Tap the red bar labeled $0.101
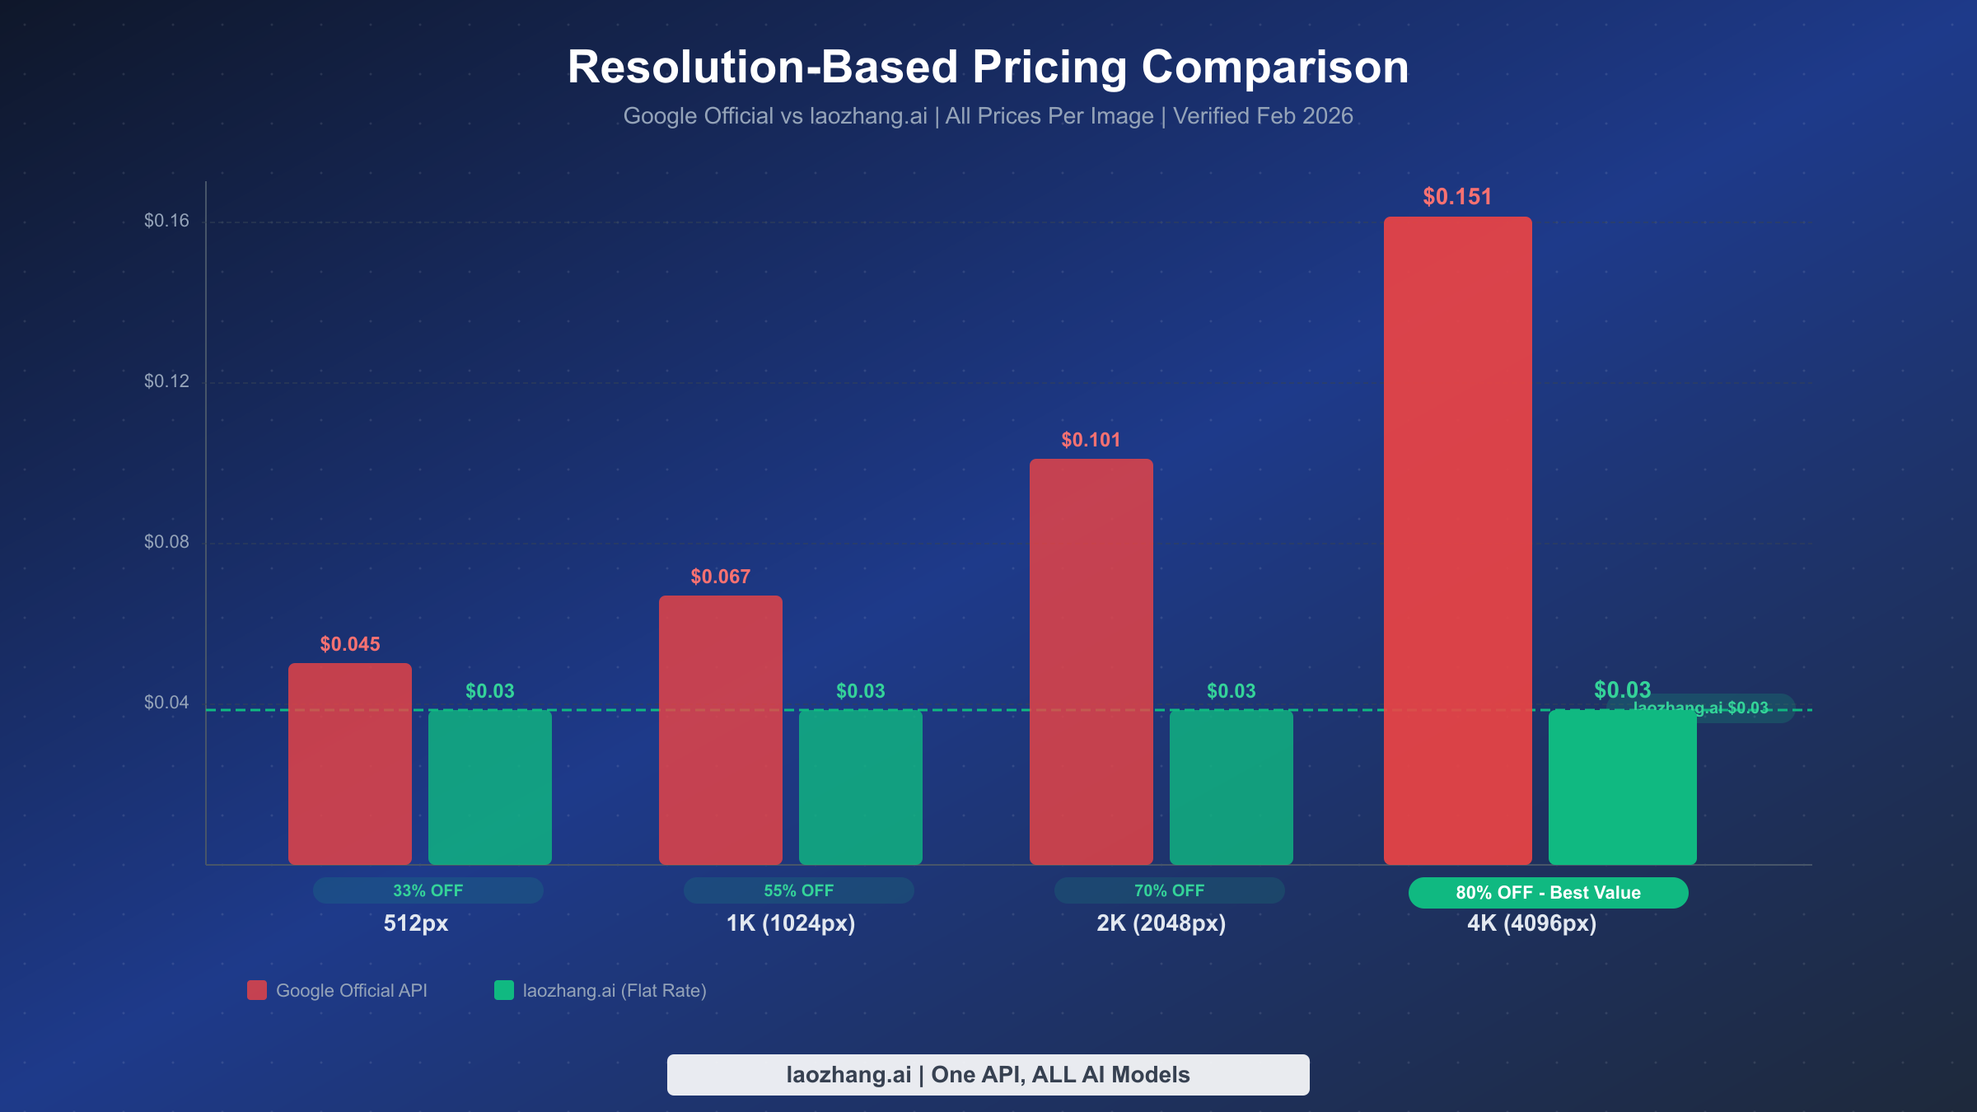[1091, 659]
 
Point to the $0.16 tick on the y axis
[166, 220]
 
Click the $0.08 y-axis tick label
[166, 541]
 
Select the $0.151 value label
[1457, 197]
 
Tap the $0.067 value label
[720, 577]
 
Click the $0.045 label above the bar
[350, 644]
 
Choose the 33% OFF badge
[428, 890]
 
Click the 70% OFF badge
[1169, 890]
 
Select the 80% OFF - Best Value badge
[1548, 893]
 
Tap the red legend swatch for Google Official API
[257, 990]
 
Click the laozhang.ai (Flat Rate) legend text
[615, 990]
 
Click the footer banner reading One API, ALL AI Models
[988, 1075]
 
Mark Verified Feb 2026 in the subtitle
[1263, 116]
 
